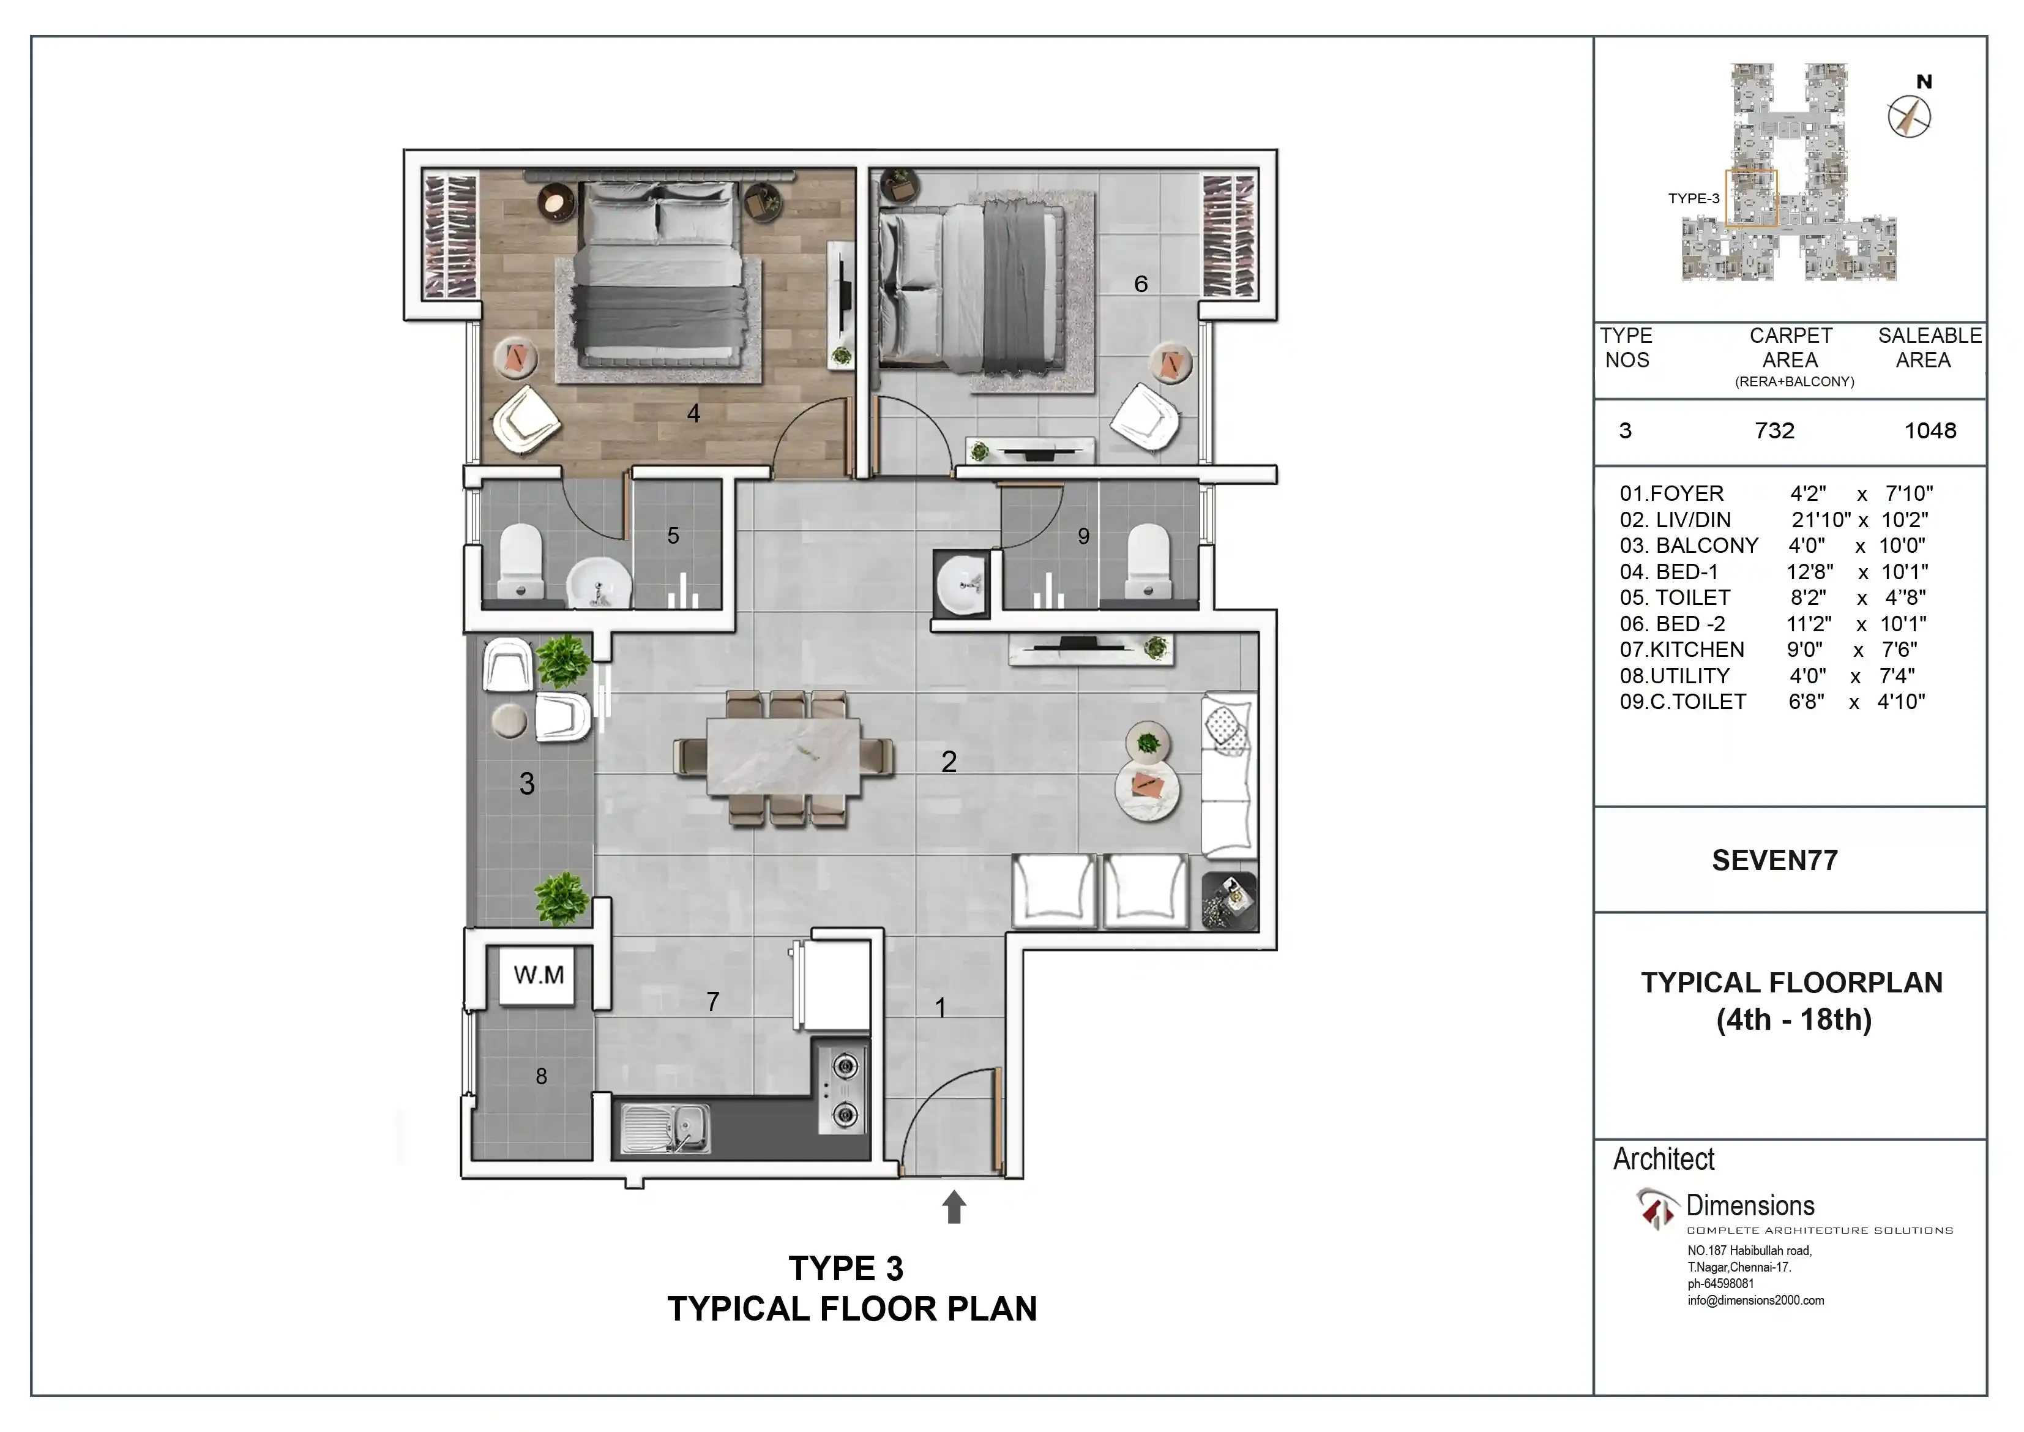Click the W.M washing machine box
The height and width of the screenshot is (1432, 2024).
click(539, 975)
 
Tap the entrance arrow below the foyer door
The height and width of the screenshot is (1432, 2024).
click(954, 1207)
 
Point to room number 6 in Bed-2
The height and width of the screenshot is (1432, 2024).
click(1141, 284)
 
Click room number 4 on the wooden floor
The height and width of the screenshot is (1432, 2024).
click(694, 413)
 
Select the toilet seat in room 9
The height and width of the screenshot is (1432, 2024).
click(1149, 561)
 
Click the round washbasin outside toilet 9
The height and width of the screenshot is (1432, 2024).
click(963, 585)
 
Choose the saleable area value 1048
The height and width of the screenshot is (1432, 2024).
click(1930, 430)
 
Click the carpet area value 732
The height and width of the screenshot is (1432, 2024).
click(1774, 430)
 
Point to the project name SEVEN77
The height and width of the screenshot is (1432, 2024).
click(1774, 861)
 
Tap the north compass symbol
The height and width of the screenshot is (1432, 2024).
click(1910, 116)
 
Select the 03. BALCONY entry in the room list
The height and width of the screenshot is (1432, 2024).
click(1689, 546)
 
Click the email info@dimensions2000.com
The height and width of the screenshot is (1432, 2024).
click(1756, 1300)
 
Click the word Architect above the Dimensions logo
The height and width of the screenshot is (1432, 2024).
click(1664, 1159)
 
